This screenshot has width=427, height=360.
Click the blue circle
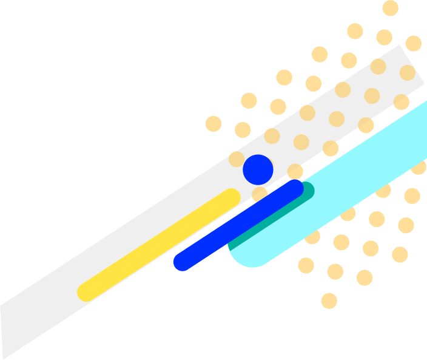coord(258,170)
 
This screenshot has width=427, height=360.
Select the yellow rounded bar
coord(159,245)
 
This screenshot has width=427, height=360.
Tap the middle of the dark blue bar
coord(238,225)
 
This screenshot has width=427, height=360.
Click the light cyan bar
coord(340,194)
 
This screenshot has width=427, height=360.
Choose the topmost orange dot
coord(391,8)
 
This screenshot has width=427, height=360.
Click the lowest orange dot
coord(329,301)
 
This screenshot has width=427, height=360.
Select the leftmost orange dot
coord(213,124)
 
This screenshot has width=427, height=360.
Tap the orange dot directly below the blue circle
coord(260,194)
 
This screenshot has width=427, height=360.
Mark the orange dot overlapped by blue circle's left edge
coord(237,159)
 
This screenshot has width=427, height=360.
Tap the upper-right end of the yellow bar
coord(230,198)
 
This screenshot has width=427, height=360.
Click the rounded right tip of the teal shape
coord(311,190)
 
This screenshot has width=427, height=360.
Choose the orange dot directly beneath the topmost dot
coord(384,38)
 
